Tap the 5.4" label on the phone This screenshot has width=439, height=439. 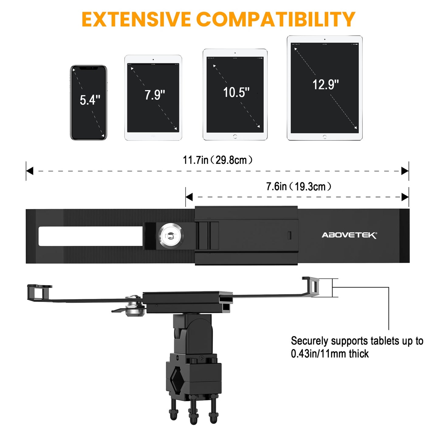point(90,100)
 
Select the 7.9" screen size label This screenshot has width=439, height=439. point(155,95)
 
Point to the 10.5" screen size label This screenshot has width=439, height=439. point(236,92)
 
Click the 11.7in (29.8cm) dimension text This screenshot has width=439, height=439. point(218,160)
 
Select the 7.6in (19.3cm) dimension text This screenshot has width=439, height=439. point(299,186)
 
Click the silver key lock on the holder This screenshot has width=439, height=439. point(171,235)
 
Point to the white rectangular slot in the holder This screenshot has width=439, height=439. point(91,236)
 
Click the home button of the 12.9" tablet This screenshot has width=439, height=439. point(324,137)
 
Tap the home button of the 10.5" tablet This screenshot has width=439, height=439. point(235,136)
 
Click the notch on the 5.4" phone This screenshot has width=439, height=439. point(89,68)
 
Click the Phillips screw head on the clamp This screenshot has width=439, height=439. point(201,359)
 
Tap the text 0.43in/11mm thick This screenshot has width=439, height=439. point(330,354)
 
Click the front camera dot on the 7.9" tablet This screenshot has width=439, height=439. point(153,60)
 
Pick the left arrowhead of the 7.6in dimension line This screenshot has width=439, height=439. point(189,197)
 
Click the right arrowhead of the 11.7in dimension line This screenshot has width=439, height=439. point(405,171)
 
